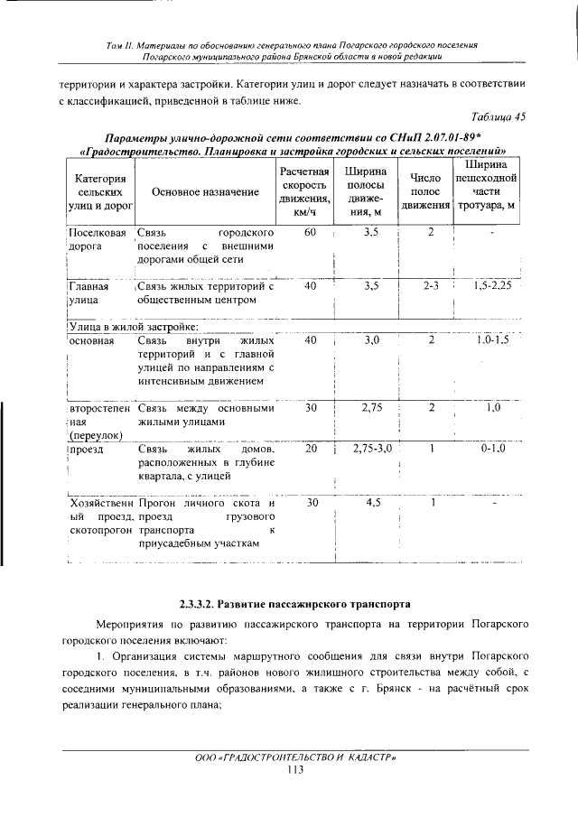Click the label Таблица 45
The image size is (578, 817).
point(499,117)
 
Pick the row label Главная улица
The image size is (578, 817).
point(89,293)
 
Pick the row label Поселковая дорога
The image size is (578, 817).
point(95,239)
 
